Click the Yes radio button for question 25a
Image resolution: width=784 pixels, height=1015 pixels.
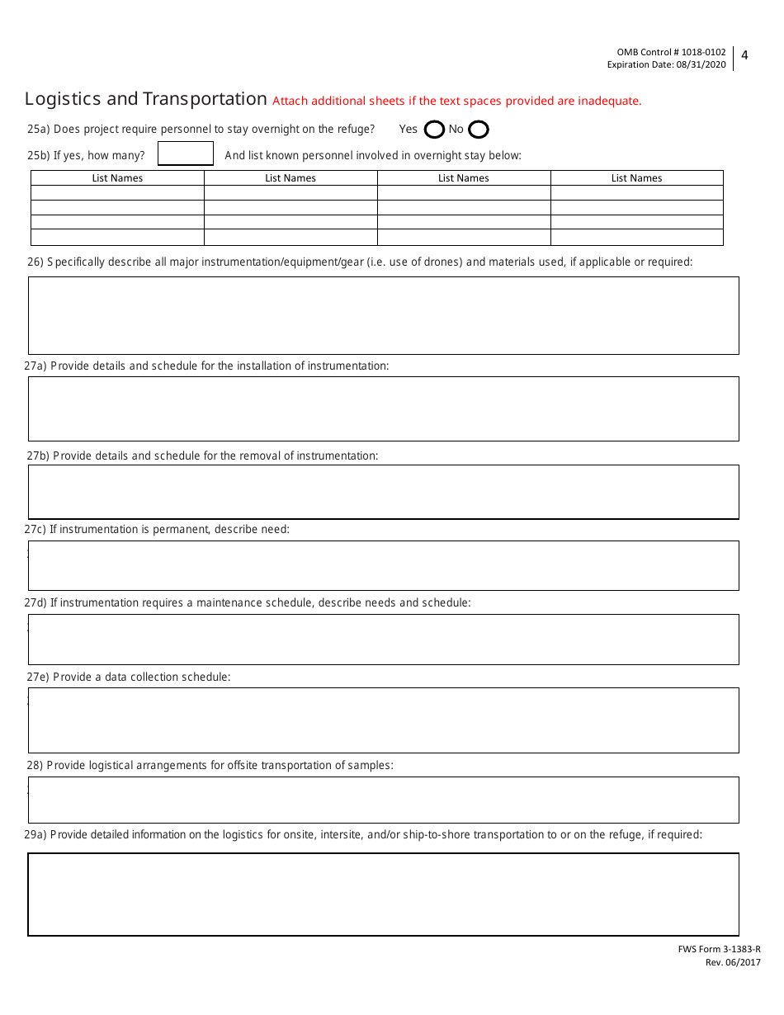pos(434,130)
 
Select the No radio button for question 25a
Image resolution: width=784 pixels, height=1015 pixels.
pos(479,130)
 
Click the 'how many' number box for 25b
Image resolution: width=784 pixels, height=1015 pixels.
pos(186,154)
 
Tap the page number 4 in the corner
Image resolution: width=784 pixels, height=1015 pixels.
pos(744,56)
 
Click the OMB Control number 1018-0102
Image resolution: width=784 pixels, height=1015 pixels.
pos(701,52)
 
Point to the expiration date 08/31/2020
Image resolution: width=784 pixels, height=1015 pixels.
pos(702,64)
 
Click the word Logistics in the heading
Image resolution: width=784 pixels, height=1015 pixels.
pos(63,99)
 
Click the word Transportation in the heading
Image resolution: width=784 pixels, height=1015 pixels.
pos(205,99)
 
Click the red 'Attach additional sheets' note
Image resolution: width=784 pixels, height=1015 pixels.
pos(456,101)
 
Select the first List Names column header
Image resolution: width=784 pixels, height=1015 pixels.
pos(117,178)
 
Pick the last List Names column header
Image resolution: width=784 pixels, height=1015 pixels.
pos(636,178)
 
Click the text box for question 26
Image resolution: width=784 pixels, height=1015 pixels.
pos(384,315)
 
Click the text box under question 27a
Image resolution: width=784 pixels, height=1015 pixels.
pos(384,408)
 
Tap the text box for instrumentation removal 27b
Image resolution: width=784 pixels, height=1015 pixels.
pos(384,492)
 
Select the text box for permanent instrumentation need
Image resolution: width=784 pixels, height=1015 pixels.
pos(384,565)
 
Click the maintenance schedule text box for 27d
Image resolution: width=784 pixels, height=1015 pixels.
pos(384,640)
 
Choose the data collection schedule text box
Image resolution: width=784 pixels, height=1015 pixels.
pos(384,720)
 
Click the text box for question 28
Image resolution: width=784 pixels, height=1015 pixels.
pos(384,800)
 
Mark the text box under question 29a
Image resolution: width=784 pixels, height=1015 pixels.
pos(384,895)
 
